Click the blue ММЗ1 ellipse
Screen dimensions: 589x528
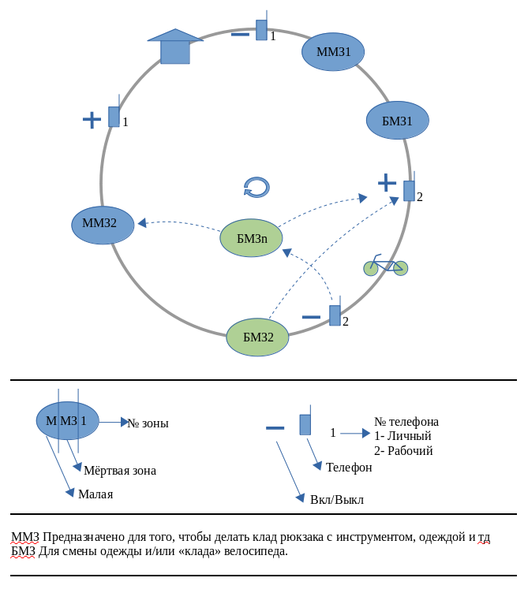tap(332, 52)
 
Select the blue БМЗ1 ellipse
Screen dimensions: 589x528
tap(398, 121)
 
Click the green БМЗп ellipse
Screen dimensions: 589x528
tap(251, 237)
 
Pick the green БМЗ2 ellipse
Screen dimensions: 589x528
tap(258, 337)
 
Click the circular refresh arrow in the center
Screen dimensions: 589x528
tap(257, 187)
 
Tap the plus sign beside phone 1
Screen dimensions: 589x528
tap(92, 120)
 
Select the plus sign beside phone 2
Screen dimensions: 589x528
tap(387, 183)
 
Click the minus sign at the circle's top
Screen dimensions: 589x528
tap(240, 34)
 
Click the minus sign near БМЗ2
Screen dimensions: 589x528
tap(312, 317)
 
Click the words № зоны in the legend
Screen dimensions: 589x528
tap(148, 423)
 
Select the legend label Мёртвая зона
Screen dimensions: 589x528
tap(120, 471)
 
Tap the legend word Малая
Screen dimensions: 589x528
tap(95, 494)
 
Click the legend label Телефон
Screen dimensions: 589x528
tap(349, 468)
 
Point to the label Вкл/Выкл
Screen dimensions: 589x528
tap(337, 500)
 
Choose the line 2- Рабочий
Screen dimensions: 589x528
tap(403, 451)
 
